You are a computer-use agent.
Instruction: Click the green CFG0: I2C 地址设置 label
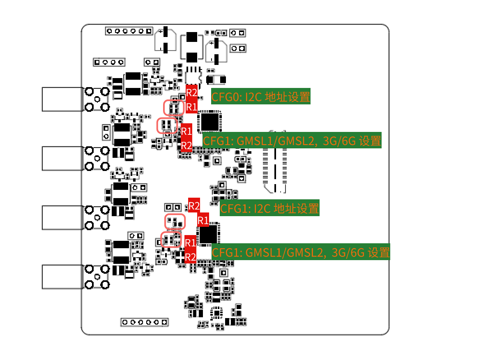[260, 97]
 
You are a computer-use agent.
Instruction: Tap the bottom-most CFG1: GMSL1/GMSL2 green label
[300, 252]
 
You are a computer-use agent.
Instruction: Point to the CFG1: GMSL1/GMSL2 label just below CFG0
[292, 141]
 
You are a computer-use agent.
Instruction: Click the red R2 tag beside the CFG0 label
[192, 92]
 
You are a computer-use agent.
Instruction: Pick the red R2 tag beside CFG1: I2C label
[194, 205]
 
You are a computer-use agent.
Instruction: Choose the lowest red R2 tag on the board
[190, 257]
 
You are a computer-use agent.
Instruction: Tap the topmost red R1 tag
[192, 107]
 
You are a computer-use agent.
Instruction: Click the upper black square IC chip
[209, 122]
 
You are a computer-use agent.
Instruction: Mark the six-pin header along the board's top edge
[129, 30]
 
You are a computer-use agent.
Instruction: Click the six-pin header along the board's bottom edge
[145, 322]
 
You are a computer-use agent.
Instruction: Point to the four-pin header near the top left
[109, 62]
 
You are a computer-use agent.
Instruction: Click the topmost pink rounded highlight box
[174, 108]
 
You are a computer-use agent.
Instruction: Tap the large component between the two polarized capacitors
[191, 46]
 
